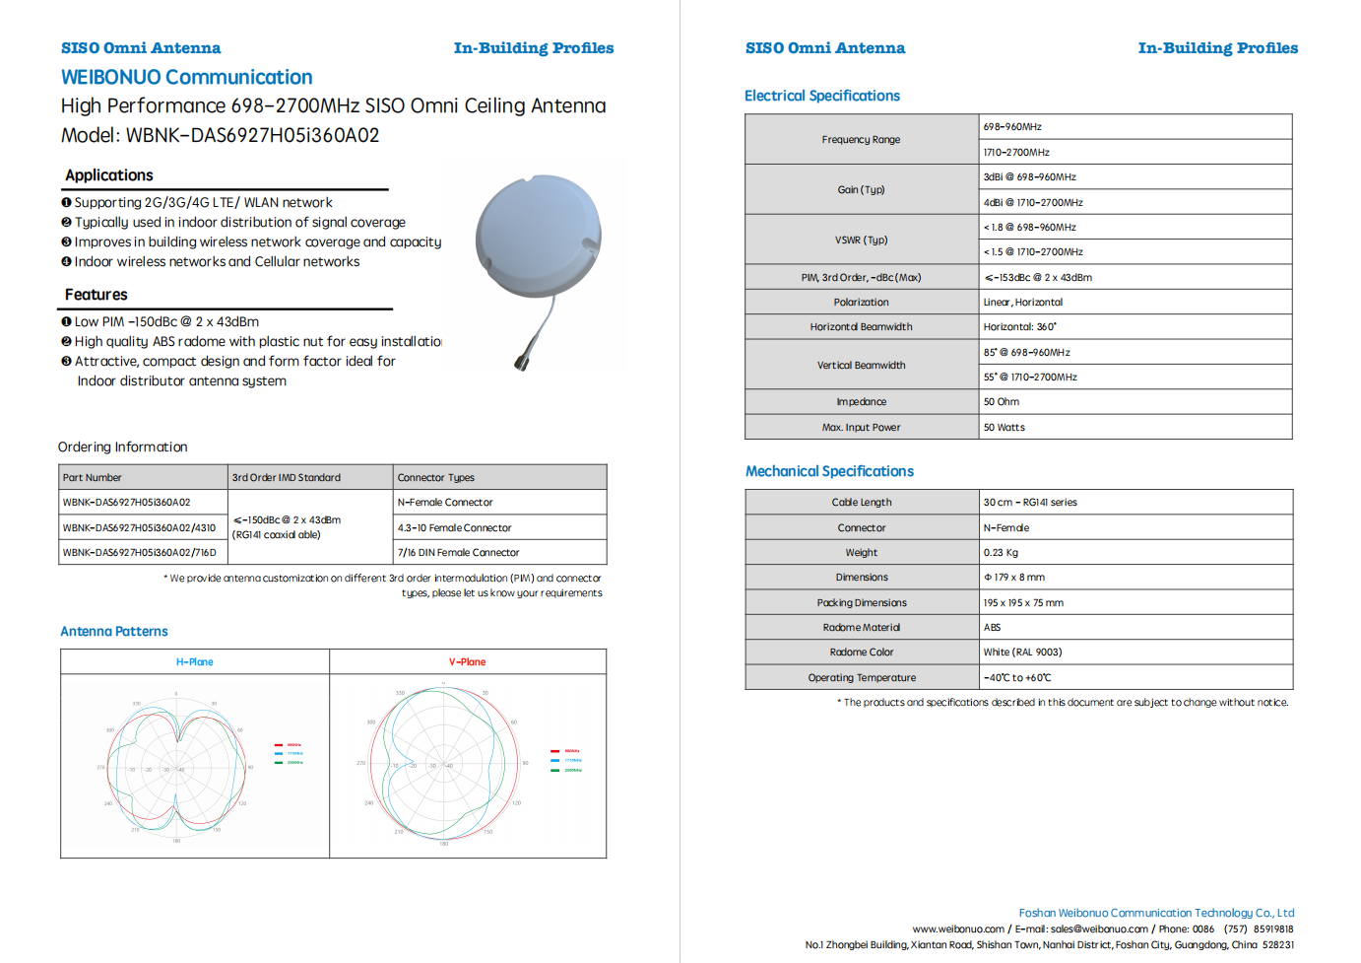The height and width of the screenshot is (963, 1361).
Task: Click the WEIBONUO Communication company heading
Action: [x=186, y=77]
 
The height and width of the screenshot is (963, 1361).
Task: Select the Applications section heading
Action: [x=109, y=175]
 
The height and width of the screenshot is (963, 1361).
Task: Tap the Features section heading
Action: [x=97, y=295]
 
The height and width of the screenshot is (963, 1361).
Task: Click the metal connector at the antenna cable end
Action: [x=521, y=362]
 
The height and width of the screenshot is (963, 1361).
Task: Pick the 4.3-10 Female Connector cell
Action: [x=454, y=528]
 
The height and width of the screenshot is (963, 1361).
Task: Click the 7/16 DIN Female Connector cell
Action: [x=458, y=553]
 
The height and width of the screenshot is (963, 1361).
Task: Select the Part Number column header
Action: [x=93, y=478]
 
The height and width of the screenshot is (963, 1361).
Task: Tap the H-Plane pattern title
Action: [x=195, y=662]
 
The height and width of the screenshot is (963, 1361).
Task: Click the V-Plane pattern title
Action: [x=468, y=662]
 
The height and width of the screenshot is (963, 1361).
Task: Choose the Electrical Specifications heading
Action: [x=822, y=96]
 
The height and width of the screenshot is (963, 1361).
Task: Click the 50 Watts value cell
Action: [x=1005, y=428]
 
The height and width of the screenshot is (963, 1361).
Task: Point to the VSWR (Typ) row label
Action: [x=862, y=240]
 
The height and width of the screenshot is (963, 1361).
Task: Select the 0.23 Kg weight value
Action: [x=1001, y=553]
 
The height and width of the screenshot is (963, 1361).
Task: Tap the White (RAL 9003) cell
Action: [x=1022, y=653]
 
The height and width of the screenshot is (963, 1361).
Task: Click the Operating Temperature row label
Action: [x=862, y=678]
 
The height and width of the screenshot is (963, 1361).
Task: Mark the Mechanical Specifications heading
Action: [x=829, y=471]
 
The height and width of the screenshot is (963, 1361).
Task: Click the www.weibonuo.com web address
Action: [x=958, y=929]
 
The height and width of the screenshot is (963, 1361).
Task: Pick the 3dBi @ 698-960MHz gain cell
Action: [x=1029, y=177]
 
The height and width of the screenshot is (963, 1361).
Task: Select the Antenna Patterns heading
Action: [x=114, y=632]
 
